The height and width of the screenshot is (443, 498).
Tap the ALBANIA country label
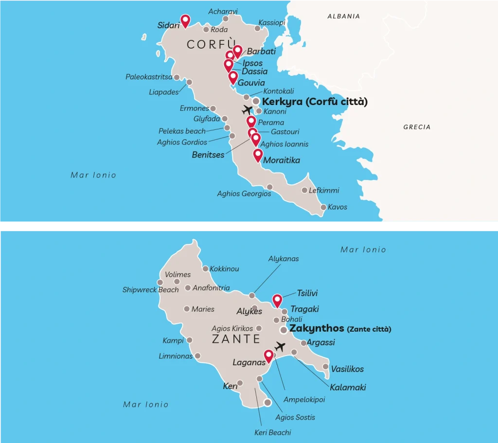(x=343, y=16)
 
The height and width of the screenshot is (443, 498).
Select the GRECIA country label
(x=417, y=127)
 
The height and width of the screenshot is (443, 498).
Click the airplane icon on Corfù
(x=248, y=110)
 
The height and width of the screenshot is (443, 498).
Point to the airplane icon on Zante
(x=280, y=347)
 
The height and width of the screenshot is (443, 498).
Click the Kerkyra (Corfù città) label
(x=314, y=102)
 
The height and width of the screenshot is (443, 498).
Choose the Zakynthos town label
(x=317, y=328)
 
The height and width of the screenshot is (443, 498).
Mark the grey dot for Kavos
(x=323, y=208)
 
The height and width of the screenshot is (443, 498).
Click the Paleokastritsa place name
(x=148, y=77)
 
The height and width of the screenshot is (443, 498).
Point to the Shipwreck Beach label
(x=150, y=290)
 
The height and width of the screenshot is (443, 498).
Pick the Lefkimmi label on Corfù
(x=324, y=191)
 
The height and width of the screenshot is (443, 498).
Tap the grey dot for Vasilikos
(x=325, y=367)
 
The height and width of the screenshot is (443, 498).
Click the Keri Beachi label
(x=273, y=432)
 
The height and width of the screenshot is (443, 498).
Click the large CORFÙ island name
(x=212, y=45)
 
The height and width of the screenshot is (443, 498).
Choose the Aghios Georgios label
(x=244, y=194)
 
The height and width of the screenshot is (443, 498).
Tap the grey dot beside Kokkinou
(x=205, y=268)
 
